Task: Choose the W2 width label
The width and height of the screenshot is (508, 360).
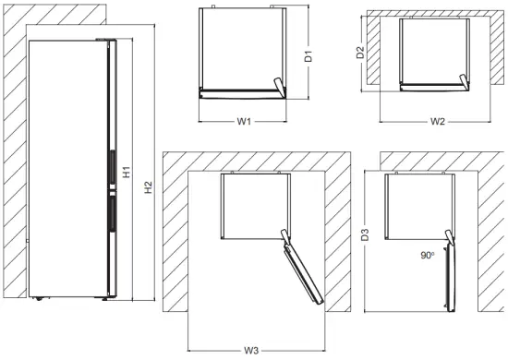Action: pos(438,121)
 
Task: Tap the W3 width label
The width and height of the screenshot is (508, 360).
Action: pos(252,351)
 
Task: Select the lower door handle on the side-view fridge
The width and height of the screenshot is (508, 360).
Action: pos(111,217)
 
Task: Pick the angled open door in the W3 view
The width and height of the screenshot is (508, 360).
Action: pos(303,271)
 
